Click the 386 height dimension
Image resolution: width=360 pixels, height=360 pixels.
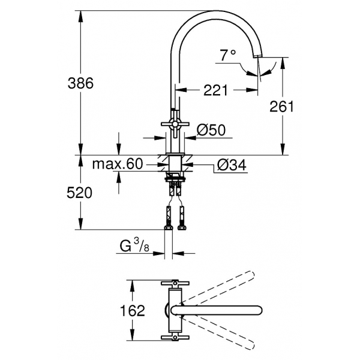pyautogui.click(x=80, y=83)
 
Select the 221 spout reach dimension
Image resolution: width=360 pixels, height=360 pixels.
pyautogui.click(x=215, y=90)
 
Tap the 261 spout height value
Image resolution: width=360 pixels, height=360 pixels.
pyautogui.click(x=281, y=107)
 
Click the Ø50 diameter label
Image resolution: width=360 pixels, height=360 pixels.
pyautogui.click(x=211, y=130)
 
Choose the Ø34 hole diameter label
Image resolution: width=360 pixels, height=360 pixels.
pyautogui.click(x=232, y=164)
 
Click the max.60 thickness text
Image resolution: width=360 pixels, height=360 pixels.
pyautogui.click(x=118, y=164)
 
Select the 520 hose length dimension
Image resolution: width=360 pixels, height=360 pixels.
pyautogui.click(x=79, y=193)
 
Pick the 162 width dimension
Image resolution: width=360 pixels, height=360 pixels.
pyautogui.click(x=133, y=310)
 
